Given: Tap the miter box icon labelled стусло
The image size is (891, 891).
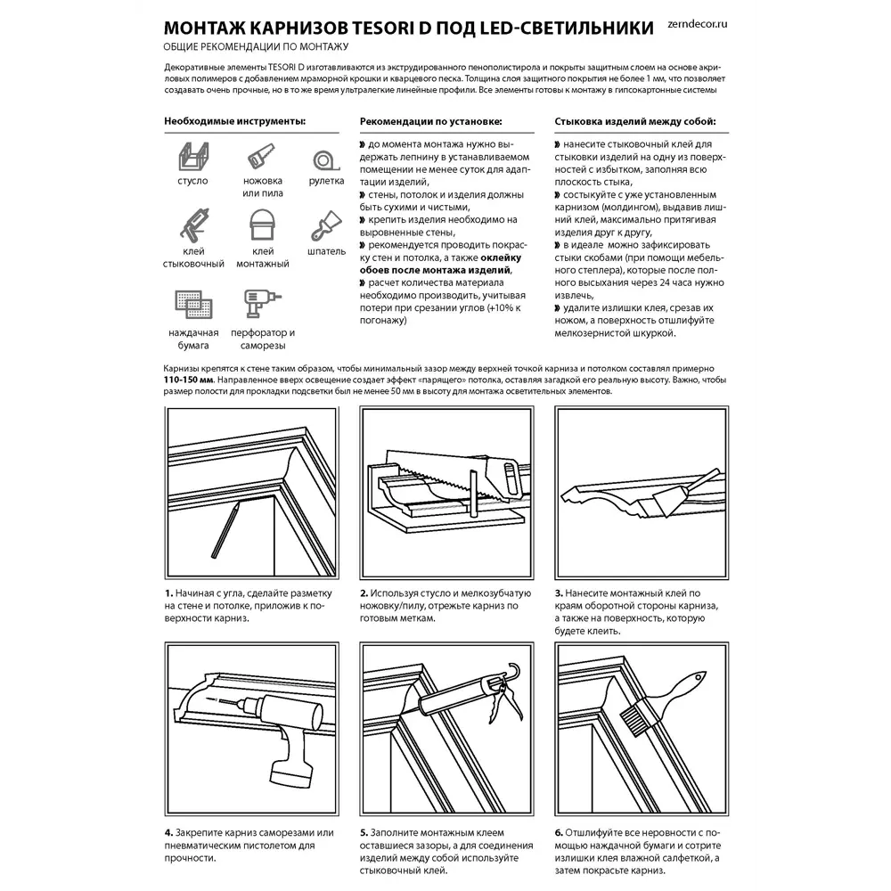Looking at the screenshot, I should pyautogui.click(x=192, y=159).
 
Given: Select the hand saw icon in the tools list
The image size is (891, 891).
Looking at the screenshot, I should pyautogui.click(x=261, y=158).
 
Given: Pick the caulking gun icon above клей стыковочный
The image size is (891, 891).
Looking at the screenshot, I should pyautogui.click(x=193, y=225).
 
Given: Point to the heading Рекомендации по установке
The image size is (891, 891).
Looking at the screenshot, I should pyautogui.click(x=430, y=121).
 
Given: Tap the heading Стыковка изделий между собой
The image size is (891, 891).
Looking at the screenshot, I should pyautogui.click(x=634, y=121).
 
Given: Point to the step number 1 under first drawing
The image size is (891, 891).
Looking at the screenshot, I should pyautogui.click(x=168, y=593).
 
